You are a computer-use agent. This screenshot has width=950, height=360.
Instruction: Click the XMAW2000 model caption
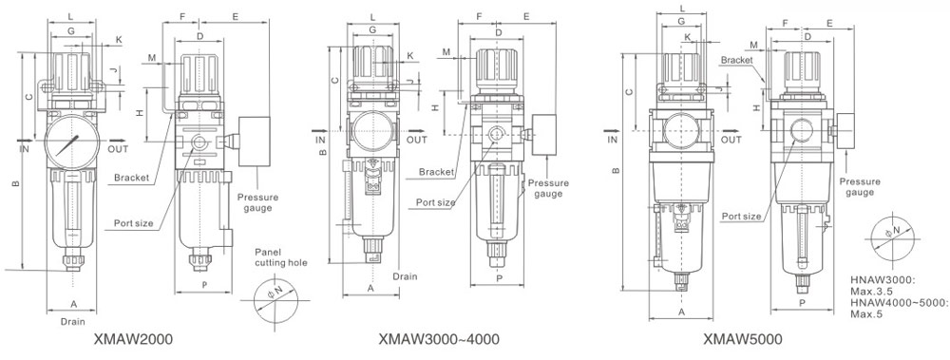133,339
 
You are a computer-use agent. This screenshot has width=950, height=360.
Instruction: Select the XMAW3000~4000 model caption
439,339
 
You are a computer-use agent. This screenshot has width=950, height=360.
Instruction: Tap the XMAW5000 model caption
743,339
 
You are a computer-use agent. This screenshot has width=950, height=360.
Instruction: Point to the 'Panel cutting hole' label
280,257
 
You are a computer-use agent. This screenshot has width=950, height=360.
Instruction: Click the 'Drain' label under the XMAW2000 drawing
73,322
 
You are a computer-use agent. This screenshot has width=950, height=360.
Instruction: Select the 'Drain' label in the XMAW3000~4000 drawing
405,276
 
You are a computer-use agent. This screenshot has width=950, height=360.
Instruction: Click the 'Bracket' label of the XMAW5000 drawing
737,60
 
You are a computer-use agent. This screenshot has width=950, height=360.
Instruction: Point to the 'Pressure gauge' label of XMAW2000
258,203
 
